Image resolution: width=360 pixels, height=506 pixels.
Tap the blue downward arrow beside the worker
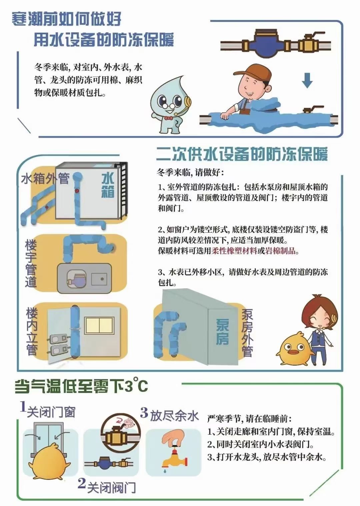307,80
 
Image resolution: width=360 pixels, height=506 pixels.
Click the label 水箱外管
45,179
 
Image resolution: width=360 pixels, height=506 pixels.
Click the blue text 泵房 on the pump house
222,332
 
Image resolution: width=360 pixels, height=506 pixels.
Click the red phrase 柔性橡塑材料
234,251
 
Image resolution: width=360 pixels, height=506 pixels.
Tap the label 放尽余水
174,416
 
